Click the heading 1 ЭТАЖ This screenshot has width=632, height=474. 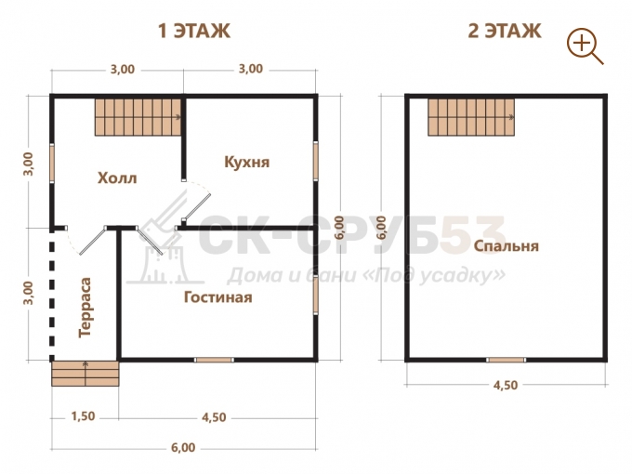click(x=194, y=31)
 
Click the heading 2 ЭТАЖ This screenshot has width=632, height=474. click(x=505, y=31)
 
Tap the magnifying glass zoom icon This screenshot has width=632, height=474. click(x=585, y=46)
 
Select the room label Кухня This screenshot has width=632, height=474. click(x=246, y=162)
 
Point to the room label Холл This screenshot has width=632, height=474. click(x=117, y=178)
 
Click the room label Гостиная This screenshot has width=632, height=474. click(x=218, y=297)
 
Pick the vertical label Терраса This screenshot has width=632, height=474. click(x=86, y=307)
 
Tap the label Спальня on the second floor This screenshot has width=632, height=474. click(x=506, y=246)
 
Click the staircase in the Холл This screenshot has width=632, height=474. click(x=138, y=117)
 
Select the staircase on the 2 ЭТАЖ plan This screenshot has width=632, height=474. click(x=471, y=117)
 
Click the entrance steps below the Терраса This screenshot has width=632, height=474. click(x=86, y=374)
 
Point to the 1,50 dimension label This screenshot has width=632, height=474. click(x=83, y=416)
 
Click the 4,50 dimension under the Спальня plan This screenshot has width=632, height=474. click(x=506, y=385)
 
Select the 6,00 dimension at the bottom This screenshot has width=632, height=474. click(x=183, y=447)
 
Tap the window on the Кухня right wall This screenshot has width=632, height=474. click(x=316, y=161)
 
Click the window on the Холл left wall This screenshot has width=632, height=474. click(x=52, y=163)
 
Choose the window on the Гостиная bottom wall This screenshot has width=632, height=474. click(x=214, y=360)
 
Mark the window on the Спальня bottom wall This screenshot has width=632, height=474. click(x=506, y=360)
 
